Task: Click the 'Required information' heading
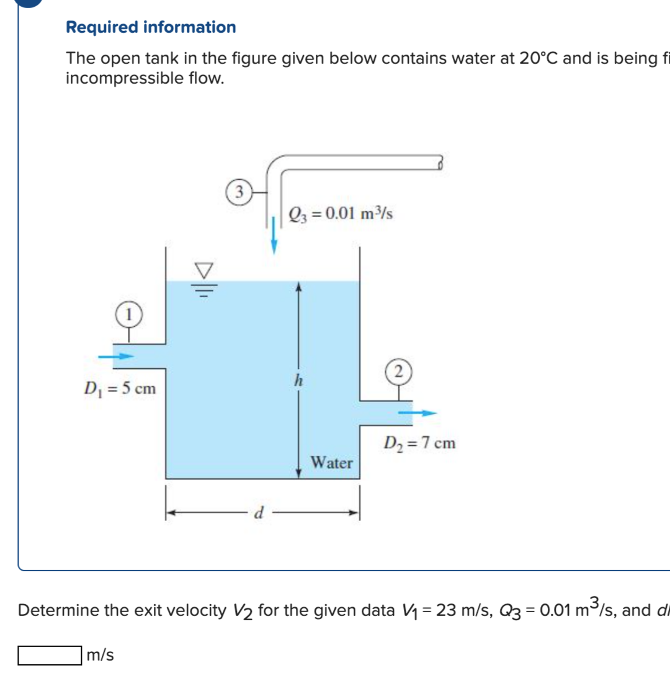tap(151, 27)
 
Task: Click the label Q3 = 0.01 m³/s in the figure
tap(341, 214)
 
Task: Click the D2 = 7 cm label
tap(419, 443)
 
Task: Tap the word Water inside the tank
tap(332, 463)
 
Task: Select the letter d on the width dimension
tap(261, 514)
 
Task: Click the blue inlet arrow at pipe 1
tap(118, 356)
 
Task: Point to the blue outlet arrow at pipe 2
tap(417, 412)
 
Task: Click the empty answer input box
tap(50, 655)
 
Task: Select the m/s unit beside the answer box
tap(101, 655)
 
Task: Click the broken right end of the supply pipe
tap(440, 163)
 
